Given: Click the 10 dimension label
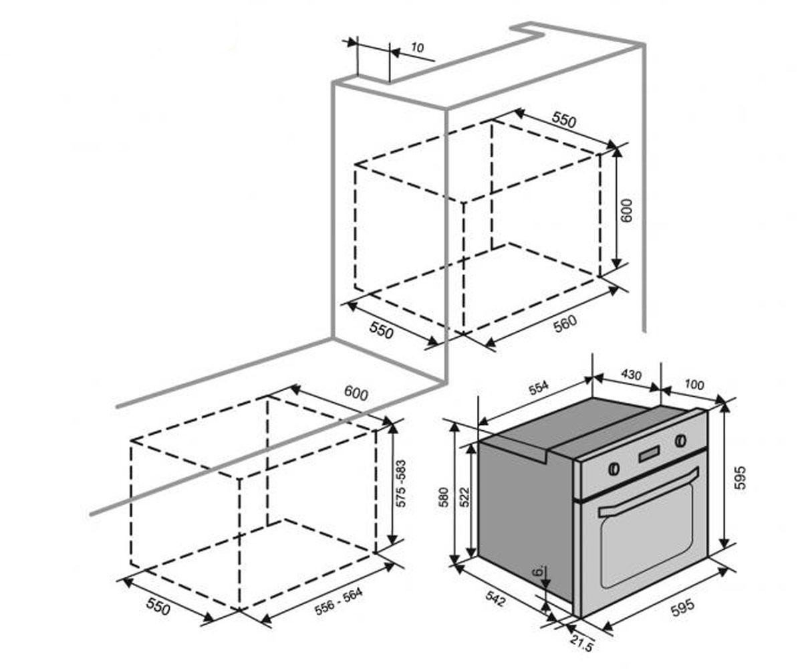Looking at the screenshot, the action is [x=417, y=47].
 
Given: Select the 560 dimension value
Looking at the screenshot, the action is [x=565, y=324].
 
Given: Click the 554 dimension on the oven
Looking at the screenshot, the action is [x=539, y=387].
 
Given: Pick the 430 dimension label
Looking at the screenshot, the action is [x=632, y=374].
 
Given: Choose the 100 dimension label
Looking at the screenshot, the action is [x=694, y=385].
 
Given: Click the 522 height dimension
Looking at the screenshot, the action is [x=464, y=497].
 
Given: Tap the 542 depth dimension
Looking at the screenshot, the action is [x=495, y=598].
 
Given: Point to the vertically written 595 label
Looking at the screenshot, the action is [x=739, y=478].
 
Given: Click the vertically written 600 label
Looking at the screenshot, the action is [x=626, y=210].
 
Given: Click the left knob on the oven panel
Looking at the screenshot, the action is [x=614, y=468].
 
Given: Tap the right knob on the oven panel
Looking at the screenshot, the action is [x=680, y=440].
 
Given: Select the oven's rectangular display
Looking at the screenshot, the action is [x=649, y=454].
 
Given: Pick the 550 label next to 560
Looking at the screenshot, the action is [x=382, y=330].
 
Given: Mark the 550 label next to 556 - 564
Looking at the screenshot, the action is [x=158, y=606].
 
